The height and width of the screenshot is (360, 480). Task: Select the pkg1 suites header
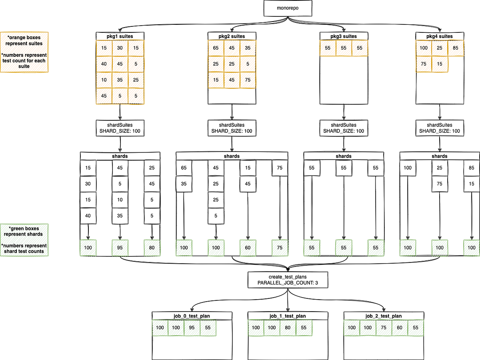pos(120,36)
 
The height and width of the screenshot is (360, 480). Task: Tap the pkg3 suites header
pos(344,36)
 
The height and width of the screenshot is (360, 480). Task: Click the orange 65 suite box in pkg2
pos(216,48)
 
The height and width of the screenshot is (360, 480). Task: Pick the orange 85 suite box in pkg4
pos(456,48)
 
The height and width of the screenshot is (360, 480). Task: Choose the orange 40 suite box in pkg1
pos(104,64)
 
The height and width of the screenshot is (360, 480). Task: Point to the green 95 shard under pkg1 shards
pos(120,248)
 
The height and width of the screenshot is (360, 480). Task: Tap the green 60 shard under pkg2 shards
pos(248,248)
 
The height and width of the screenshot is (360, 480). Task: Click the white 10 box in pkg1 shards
pos(120,200)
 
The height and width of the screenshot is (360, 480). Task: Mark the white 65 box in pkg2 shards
pos(184,168)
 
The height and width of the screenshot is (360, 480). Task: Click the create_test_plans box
pos(288,280)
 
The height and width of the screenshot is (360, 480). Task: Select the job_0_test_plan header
pos(192,316)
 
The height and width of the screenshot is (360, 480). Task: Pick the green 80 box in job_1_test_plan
pos(288,328)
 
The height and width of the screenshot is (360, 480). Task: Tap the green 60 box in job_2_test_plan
pos(400,328)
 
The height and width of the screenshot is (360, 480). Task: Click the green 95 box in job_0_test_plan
pos(192,328)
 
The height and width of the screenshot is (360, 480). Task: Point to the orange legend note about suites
pos(24,52)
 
